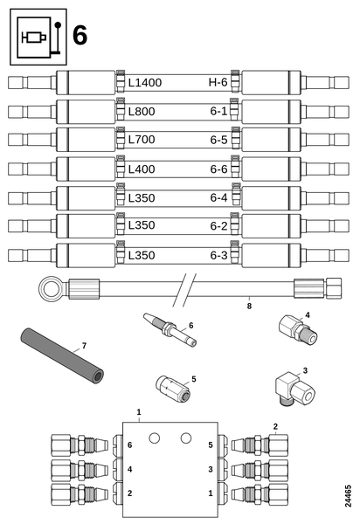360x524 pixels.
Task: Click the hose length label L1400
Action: [x=144, y=83]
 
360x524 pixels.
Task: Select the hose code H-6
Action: [x=217, y=83]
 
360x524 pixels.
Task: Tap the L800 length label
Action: [x=142, y=112]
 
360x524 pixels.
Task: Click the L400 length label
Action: [x=142, y=169]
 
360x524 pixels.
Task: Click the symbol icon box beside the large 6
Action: [x=38, y=37]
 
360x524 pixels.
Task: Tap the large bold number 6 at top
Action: [x=80, y=37]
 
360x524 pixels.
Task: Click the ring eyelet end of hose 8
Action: [x=48, y=286]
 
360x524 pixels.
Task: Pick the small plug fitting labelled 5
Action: [x=170, y=385]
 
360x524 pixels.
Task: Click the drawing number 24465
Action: [x=349, y=493]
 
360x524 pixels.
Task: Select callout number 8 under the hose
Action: [x=248, y=306]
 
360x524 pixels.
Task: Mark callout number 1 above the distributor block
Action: [x=138, y=410]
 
